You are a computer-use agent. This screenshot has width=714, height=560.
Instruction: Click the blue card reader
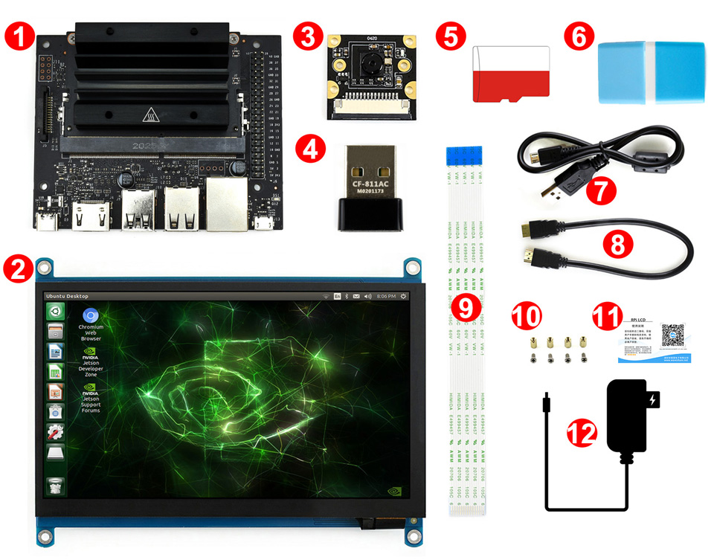(x=652, y=71)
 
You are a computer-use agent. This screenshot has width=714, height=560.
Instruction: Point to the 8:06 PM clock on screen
(x=385, y=295)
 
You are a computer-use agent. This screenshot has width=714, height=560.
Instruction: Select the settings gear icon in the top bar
(x=403, y=295)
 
